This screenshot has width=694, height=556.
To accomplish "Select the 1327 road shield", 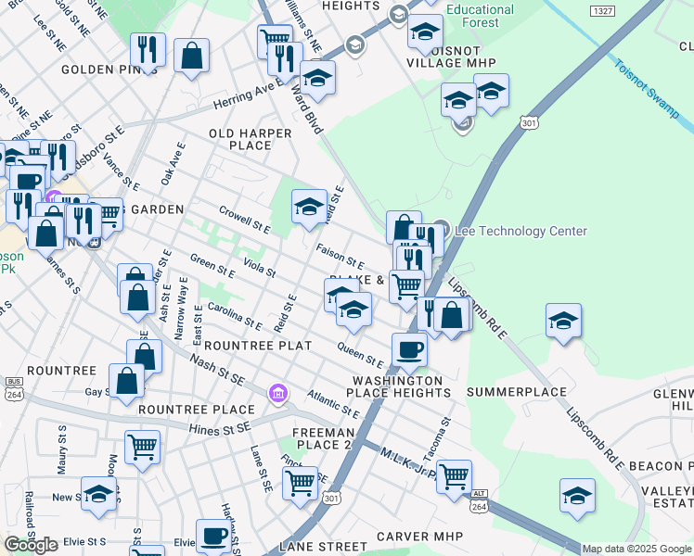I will (x=600, y=10).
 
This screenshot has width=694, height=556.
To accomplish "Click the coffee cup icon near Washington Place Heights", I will (x=409, y=349).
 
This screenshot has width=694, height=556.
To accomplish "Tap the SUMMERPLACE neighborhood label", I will (x=516, y=392).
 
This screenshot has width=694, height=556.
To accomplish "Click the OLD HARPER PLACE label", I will (x=250, y=139).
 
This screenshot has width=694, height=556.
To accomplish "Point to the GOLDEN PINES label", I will (x=109, y=69).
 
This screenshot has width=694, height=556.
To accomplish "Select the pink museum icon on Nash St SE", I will (x=276, y=395).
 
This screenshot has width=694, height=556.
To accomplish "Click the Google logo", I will (x=31, y=545).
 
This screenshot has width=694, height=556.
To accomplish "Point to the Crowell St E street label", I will (x=244, y=220).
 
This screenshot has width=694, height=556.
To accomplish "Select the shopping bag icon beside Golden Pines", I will (x=191, y=56).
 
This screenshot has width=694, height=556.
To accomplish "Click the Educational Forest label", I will (x=480, y=16).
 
